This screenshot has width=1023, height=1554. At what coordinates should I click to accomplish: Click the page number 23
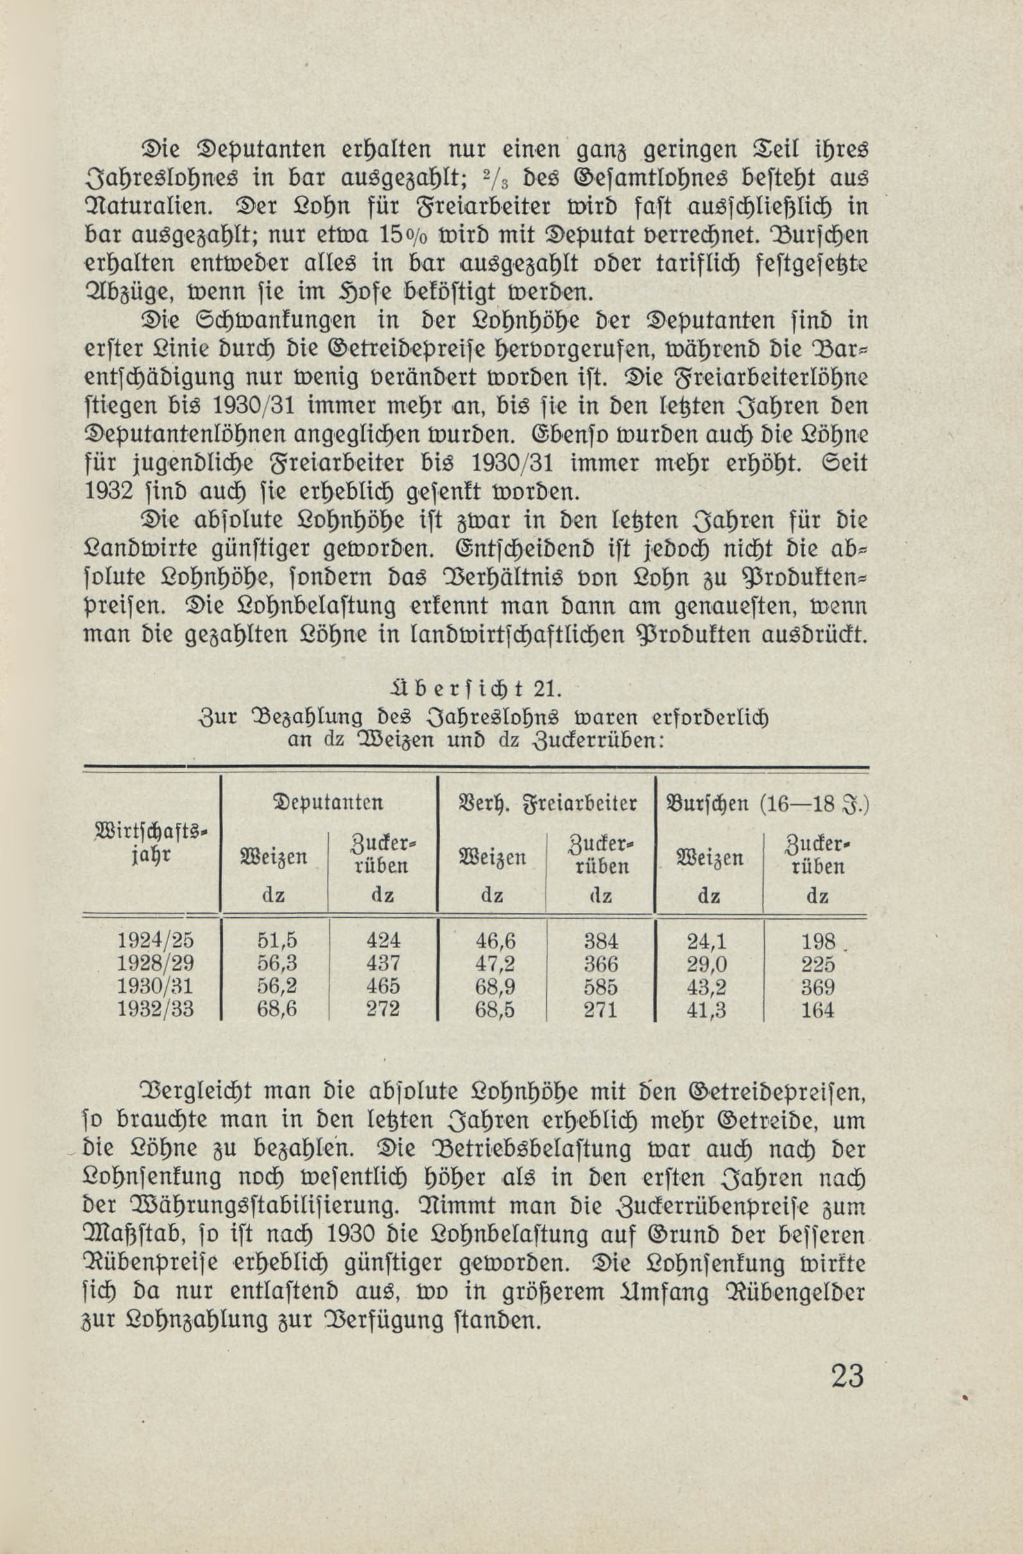pyautogui.click(x=847, y=1376)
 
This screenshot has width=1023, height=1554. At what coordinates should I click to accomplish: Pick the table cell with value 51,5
pyautogui.click(x=277, y=940)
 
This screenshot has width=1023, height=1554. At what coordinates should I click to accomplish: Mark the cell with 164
pyautogui.click(x=817, y=1010)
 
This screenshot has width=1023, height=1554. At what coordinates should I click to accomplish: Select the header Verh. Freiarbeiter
pyautogui.click(x=547, y=803)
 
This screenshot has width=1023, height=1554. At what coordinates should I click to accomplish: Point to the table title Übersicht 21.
pyautogui.click(x=476, y=690)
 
